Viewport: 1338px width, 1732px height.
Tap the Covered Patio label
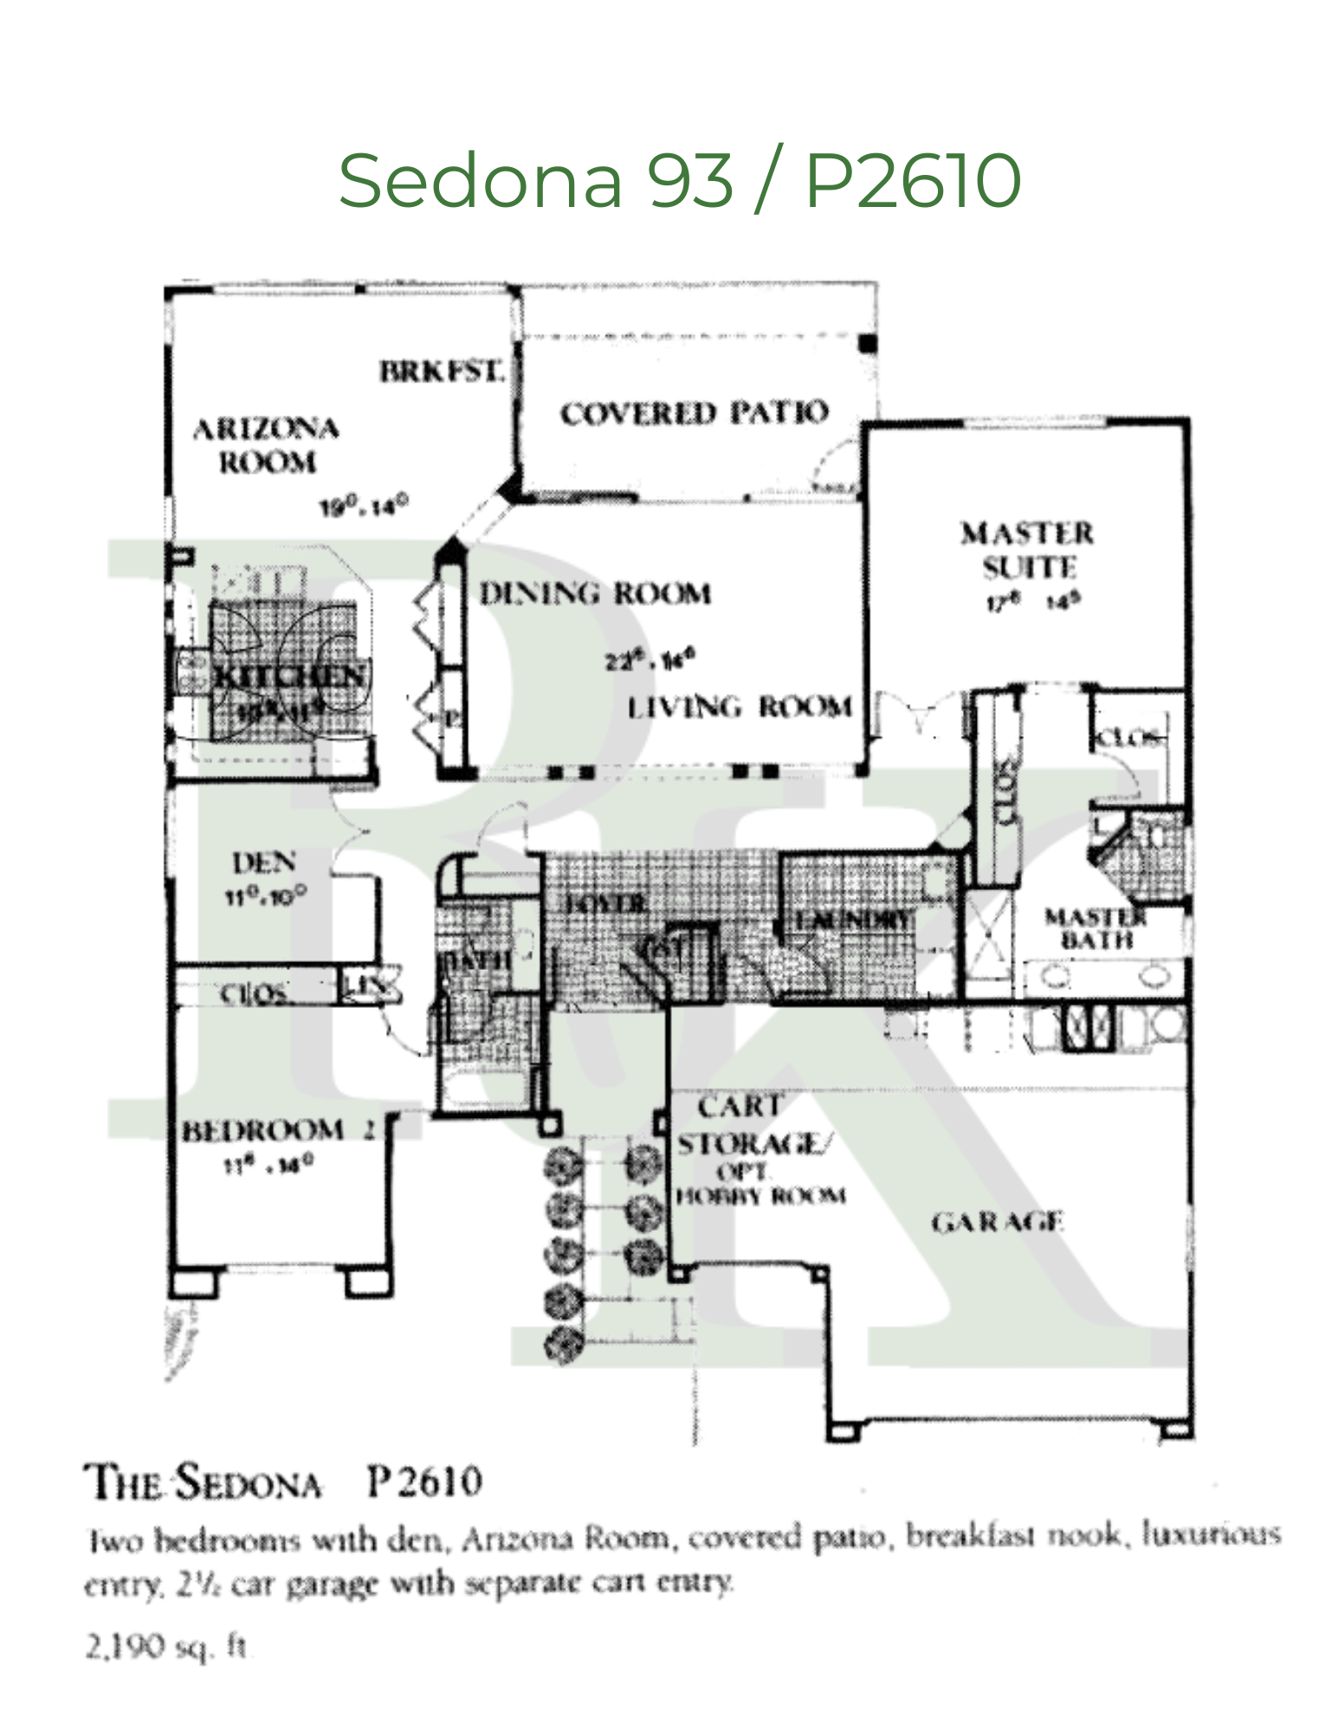click(x=694, y=413)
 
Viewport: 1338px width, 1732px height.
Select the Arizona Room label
click(x=266, y=445)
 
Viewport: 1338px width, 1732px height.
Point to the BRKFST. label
click(x=442, y=372)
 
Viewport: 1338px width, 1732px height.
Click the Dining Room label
click(x=596, y=594)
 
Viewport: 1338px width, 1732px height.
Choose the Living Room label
click(x=740, y=708)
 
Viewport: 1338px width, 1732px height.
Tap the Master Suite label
click(x=1028, y=550)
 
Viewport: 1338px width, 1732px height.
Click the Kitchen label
click(x=289, y=675)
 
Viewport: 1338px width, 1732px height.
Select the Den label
click(x=264, y=863)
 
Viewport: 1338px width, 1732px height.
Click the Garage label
click(x=997, y=1222)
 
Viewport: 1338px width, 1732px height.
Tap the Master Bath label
click(x=1096, y=928)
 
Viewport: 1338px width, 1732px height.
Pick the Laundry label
click(x=853, y=920)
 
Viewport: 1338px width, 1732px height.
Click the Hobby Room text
click(x=760, y=1197)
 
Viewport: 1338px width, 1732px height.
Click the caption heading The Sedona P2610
click(x=283, y=1482)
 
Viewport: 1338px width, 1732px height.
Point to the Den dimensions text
click(x=265, y=896)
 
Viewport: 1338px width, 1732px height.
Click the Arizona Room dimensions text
click(x=364, y=506)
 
